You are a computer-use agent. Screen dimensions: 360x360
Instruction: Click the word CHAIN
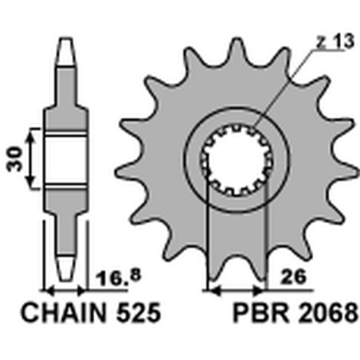click(64, 312)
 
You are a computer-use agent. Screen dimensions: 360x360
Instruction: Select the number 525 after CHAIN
click(139, 312)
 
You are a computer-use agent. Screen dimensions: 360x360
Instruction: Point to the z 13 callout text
click(335, 41)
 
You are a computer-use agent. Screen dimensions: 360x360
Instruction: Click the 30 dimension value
click(15, 159)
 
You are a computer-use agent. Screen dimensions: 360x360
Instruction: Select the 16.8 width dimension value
click(118, 277)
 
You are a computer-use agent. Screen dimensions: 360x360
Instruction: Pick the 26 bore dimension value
click(293, 277)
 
